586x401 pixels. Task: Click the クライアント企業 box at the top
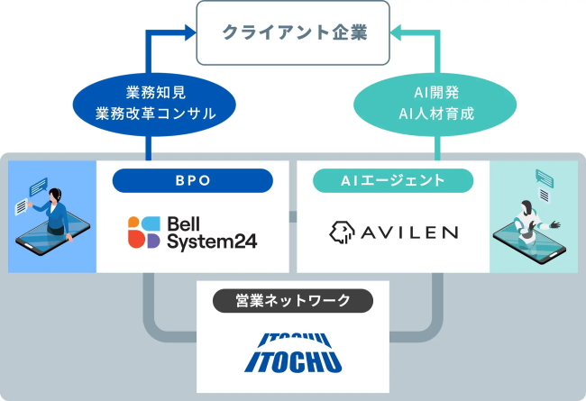[294, 34]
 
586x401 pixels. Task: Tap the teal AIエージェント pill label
[393, 180]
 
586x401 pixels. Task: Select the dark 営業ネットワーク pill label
[293, 301]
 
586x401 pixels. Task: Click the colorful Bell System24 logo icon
[144, 232]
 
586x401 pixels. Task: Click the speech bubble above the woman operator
[39, 186]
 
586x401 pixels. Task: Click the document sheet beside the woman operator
[23, 208]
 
